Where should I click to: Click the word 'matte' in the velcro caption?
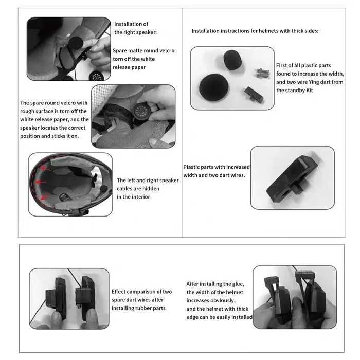139,51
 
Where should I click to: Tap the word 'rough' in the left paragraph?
28,111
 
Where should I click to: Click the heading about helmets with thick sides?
255,31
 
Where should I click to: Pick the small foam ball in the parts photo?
231,60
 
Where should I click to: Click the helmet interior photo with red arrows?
70,184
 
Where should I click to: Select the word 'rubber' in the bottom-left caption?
146,308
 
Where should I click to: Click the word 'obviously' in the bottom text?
222,300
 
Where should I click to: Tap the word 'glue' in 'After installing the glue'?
239,283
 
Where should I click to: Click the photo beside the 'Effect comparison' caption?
69,298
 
